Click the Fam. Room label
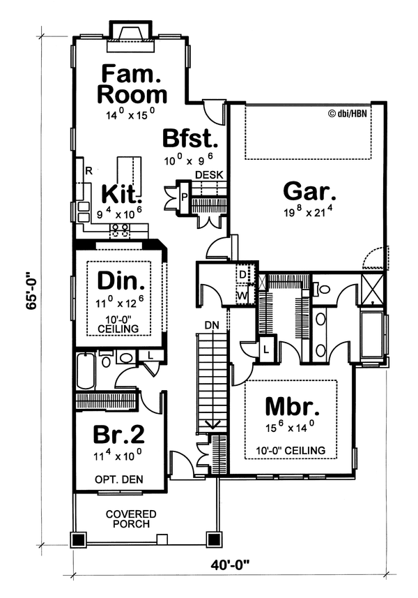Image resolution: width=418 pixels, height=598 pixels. (132, 83)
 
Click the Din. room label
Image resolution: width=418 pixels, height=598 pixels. (121, 281)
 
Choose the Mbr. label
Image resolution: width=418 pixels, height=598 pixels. (292, 407)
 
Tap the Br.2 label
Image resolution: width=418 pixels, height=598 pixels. (119, 435)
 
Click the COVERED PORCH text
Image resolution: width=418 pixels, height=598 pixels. (131, 519)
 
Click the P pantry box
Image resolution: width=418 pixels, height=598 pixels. (185, 197)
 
